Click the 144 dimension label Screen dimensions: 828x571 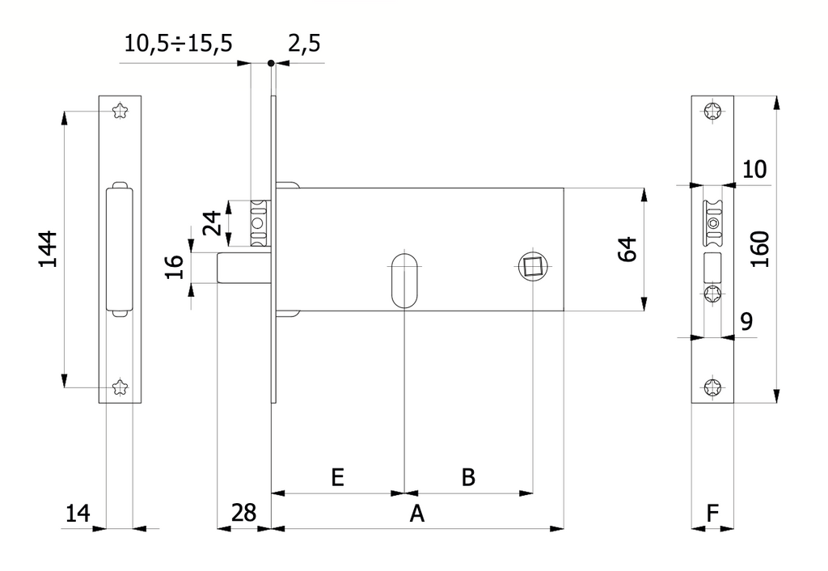point(49,249)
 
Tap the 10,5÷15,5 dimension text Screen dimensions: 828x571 point(179,44)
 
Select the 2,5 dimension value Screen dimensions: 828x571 point(304,44)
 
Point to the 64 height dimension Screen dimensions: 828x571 point(627,249)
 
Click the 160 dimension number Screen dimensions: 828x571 point(760,249)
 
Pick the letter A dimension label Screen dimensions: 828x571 point(417,513)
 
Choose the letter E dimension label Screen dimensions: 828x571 point(337,477)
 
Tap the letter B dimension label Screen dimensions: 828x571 point(468,477)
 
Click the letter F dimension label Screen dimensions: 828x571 point(712,513)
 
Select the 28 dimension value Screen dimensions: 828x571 point(244,513)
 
